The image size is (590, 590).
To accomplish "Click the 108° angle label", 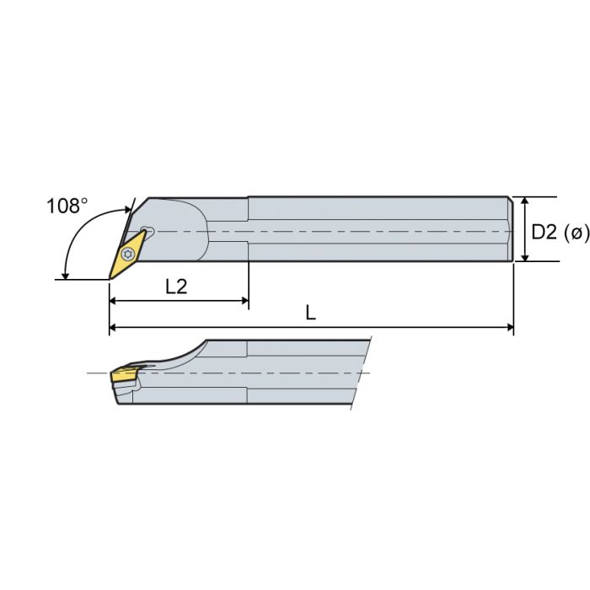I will pos(67,206).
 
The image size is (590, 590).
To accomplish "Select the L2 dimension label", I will pos(175,286).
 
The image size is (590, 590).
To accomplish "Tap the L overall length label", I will pos(310,313).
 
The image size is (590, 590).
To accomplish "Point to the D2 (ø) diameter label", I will pos(560,232).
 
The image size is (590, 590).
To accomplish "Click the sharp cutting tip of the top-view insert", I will pos(110,278).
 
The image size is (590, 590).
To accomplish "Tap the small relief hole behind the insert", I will pos(148,230).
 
